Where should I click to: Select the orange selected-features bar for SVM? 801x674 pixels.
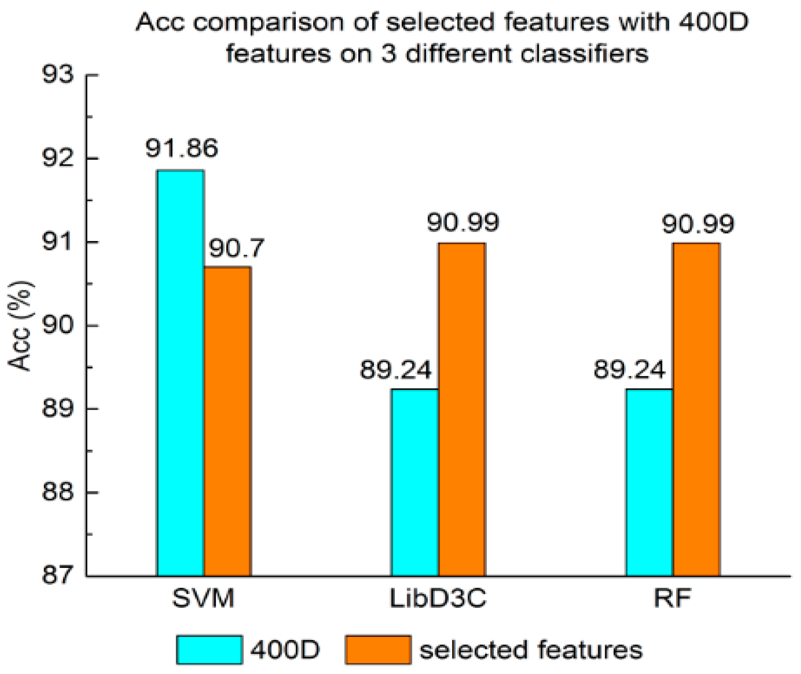tap(227, 421)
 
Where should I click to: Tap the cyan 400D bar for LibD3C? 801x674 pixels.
tap(415, 482)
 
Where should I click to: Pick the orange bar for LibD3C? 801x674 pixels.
tap(462, 409)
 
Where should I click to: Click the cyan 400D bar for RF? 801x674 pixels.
tap(649, 482)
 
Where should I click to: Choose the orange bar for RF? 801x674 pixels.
tap(696, 409)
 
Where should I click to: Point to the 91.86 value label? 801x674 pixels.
tap(181, 149)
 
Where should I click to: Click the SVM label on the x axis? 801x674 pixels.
tap(203, 600)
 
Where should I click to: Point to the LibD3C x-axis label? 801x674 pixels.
tap(438, 600)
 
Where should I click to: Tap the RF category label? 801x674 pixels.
tap(672, 600)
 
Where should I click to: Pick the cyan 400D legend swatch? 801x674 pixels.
tap(209, 650)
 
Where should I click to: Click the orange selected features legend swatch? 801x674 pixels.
tap(378, 650)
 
